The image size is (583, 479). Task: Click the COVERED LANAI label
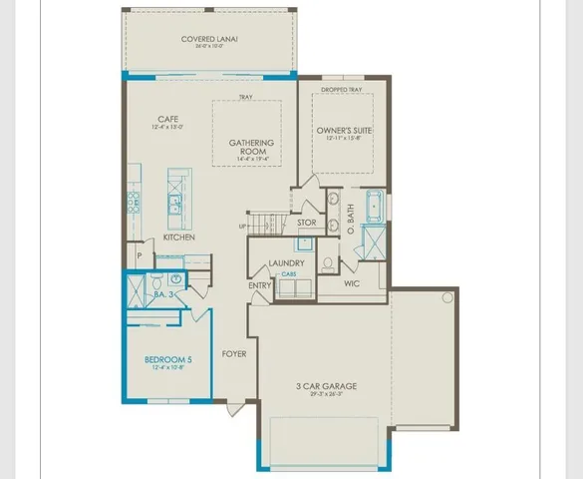pos(209,40)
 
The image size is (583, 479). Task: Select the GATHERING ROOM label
pos(251,149)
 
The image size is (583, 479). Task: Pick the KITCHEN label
pos(178,238)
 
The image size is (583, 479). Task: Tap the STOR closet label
pos(307,223)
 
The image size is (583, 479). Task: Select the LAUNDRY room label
pos(286,264)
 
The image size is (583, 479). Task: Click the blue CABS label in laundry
pos(288,273)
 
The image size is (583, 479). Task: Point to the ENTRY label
pos(260,286)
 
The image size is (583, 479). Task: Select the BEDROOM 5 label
pos(162,359)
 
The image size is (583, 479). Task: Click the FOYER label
pos(234,353)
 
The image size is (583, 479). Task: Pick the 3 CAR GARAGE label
pos(326,386)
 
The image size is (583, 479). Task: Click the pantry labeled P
pos(139,256)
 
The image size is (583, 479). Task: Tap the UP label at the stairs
pos(242,226)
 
